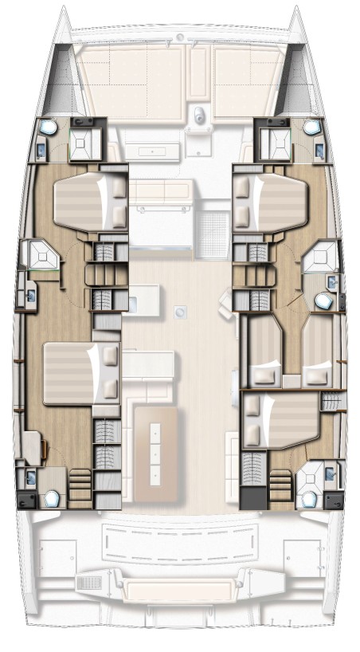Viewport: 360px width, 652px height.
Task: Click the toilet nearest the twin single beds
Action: (323, 300)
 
